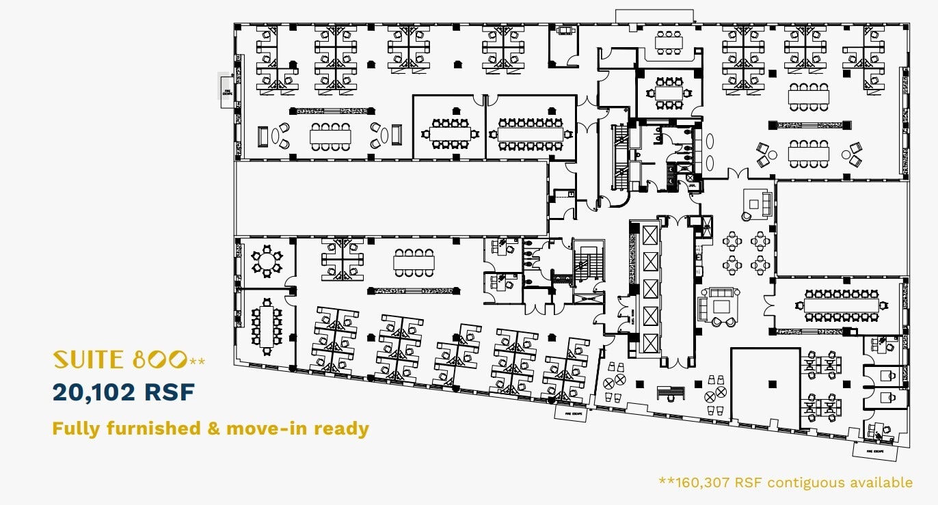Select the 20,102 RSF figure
click(124, 392)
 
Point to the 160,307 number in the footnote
click(702, 482)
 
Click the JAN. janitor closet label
click(691, 185)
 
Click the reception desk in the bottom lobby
click(670, 392)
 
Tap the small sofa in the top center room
click(565, 30)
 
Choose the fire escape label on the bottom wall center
click(569, 413)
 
